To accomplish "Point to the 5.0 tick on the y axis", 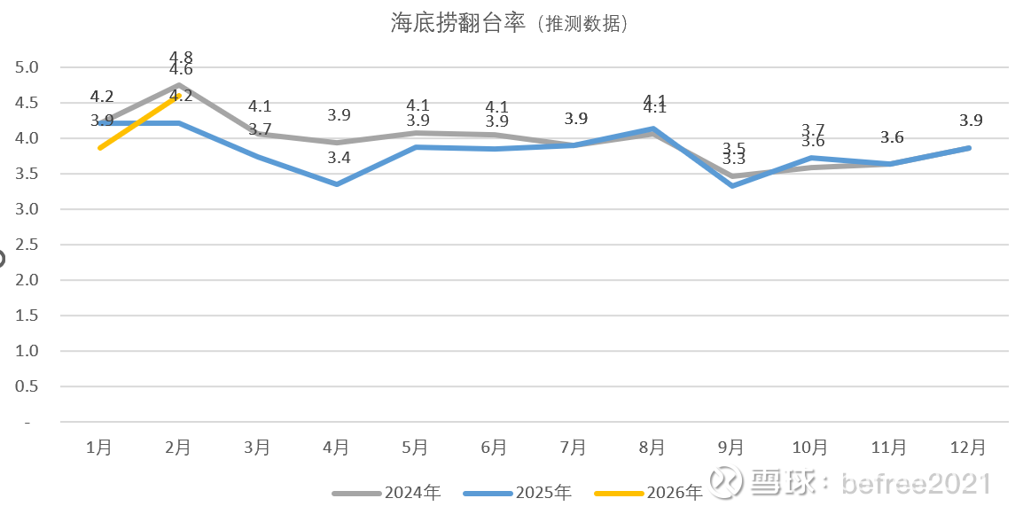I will [27, 67].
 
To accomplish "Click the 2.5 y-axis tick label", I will [27, 245].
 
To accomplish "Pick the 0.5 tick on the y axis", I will [27, 386].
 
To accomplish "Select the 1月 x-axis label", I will [99, 448].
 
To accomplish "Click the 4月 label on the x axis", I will [336, 448].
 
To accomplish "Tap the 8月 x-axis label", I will [652, 448].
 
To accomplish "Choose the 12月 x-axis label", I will [967, 448].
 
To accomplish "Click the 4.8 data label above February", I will [181, 57].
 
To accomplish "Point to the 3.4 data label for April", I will [339, 158].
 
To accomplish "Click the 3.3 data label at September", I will [734, 160].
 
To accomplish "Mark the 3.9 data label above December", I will [970, 121].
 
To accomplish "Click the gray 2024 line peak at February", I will [179, 85].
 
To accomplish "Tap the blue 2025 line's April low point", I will [337, 184].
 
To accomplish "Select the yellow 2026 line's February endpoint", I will [179, 96].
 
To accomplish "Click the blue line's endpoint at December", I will [969, 148].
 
